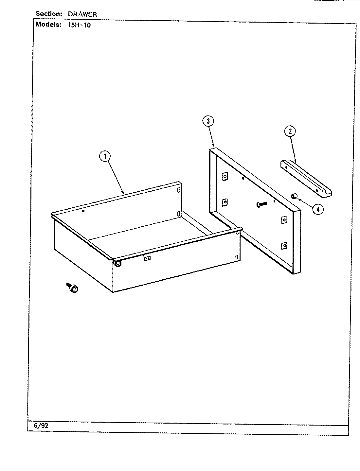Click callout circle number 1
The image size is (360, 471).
(105, 157)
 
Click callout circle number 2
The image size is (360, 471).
(290, 131)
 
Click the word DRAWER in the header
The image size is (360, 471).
(82, 14)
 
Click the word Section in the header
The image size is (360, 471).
(49, 14)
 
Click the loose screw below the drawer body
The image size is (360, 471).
(73, 288)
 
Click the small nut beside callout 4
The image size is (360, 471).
(294, 196)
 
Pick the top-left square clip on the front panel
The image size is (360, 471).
(225, 177)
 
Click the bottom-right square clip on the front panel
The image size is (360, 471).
(284, 245)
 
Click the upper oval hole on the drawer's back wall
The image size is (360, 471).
(179, 190)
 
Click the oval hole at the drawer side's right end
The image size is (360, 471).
(236, 257)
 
